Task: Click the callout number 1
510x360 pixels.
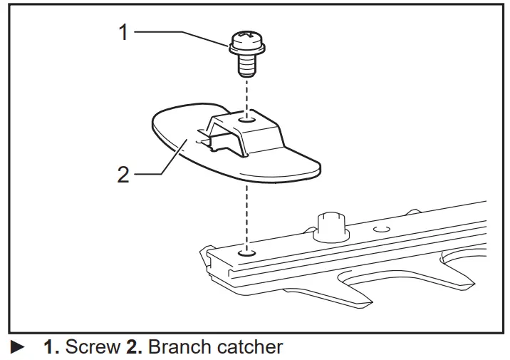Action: point(123,32)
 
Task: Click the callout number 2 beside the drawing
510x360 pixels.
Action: point(123,175)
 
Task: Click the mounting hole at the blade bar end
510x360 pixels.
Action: point(246,252)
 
